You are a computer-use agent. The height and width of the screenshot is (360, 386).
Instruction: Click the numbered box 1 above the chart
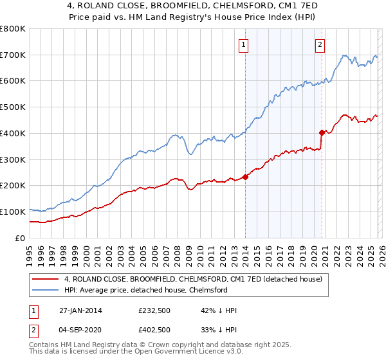tap(244, 45)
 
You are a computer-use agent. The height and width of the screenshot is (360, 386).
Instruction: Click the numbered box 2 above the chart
tap(320, 45)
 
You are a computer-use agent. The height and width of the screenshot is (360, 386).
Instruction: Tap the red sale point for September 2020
tap(322, 132)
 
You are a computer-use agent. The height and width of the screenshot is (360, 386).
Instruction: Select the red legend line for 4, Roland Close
tap(46, 279)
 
